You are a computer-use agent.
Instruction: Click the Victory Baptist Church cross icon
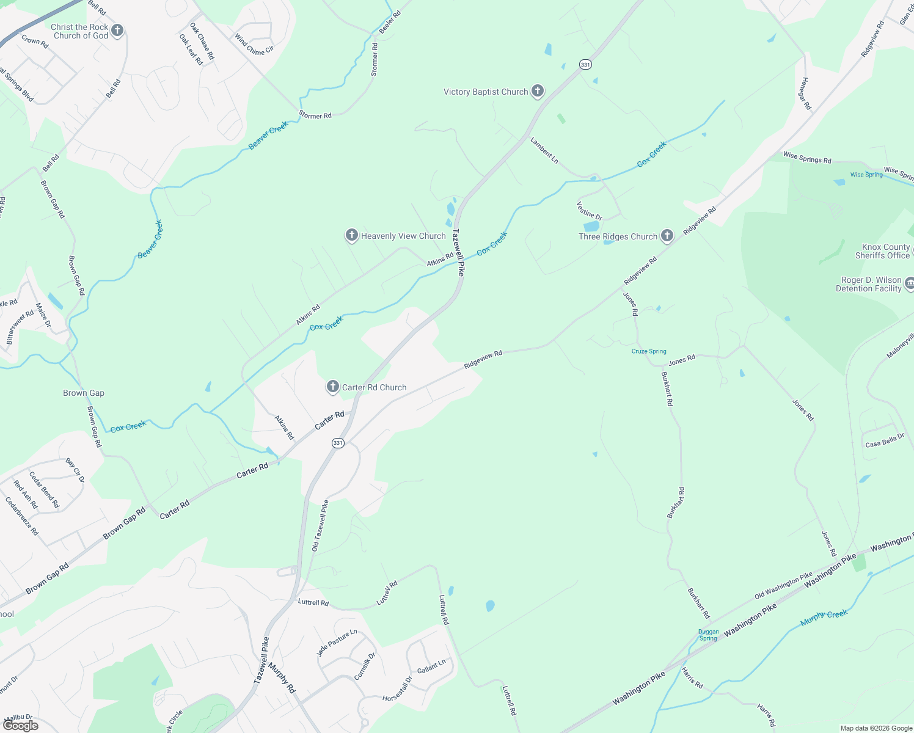538,92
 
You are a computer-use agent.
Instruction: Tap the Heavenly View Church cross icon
351,235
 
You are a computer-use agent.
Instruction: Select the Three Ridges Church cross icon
667,236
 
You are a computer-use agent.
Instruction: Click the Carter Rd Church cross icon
332,387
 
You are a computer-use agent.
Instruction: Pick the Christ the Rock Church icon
117,31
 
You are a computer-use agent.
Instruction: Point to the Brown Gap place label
84,393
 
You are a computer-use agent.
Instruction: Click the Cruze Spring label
649,351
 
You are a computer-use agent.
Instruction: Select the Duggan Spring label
708,635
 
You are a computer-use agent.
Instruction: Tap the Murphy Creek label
824,618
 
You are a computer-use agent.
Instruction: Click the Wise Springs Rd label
807,158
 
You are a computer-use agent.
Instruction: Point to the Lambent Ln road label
544,150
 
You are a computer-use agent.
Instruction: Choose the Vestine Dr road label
589,211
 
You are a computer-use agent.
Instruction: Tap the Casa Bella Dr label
884,440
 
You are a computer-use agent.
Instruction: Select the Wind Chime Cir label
254,45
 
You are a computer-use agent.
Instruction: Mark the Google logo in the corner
21,726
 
